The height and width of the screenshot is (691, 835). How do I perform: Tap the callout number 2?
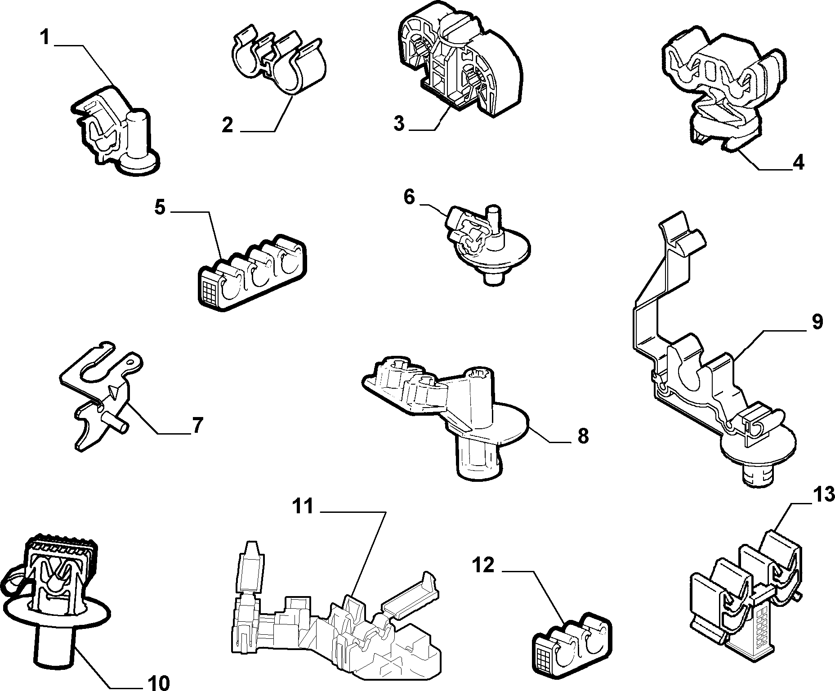pyautogui.click(x=228, y=125)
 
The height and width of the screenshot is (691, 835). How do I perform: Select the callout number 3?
pyautogui.click(x=399, y=123)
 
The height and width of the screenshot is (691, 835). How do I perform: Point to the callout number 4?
pyautogui.click(x=798, y=162)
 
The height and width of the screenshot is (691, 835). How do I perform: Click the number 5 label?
pyautogui.click(x=160, y=208)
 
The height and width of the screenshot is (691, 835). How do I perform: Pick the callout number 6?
pyautogui.click(x=409, y=197)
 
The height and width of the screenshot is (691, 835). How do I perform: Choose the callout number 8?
pyautogui.click(x=583, y=435)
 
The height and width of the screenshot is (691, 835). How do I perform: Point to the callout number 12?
pyautogui.click(x=482, y=565)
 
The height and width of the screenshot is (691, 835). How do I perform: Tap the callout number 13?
pyautogui.click(x=823, y=495)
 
